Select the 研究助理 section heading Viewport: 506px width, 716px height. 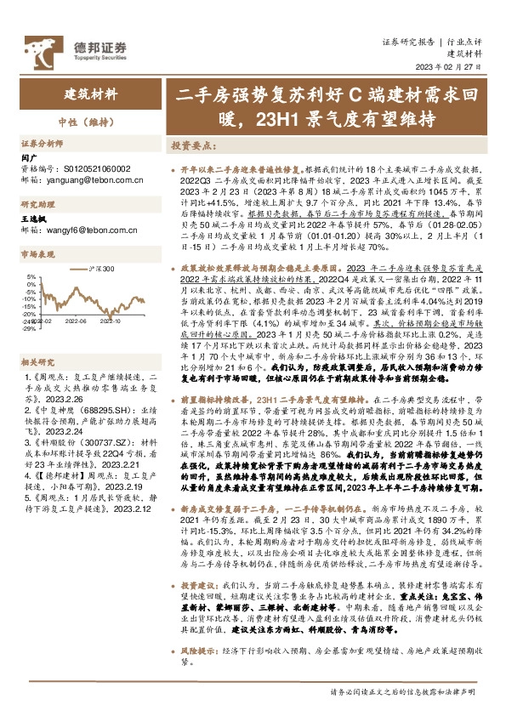[x=39, y=203]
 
